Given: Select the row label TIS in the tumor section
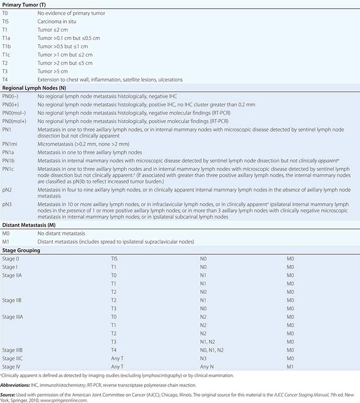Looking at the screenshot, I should click(7, 23).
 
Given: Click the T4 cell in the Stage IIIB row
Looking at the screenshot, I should click(114, 349).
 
